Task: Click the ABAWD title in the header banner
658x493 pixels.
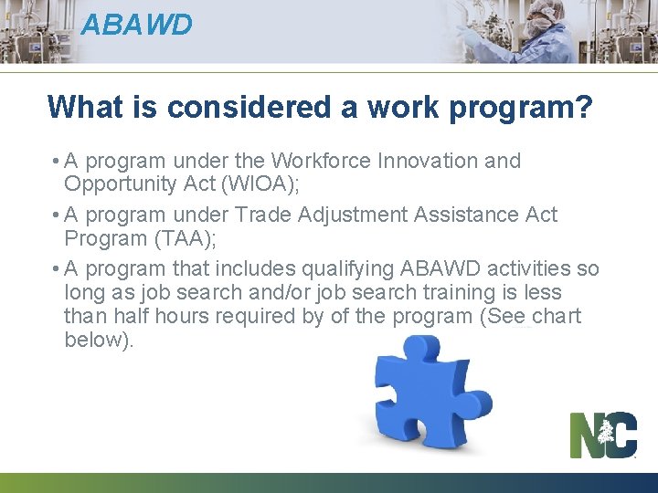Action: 136,25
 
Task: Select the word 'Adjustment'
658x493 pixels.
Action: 345,215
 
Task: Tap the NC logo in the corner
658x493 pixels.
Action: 603,435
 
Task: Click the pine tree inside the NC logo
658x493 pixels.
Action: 606,435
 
